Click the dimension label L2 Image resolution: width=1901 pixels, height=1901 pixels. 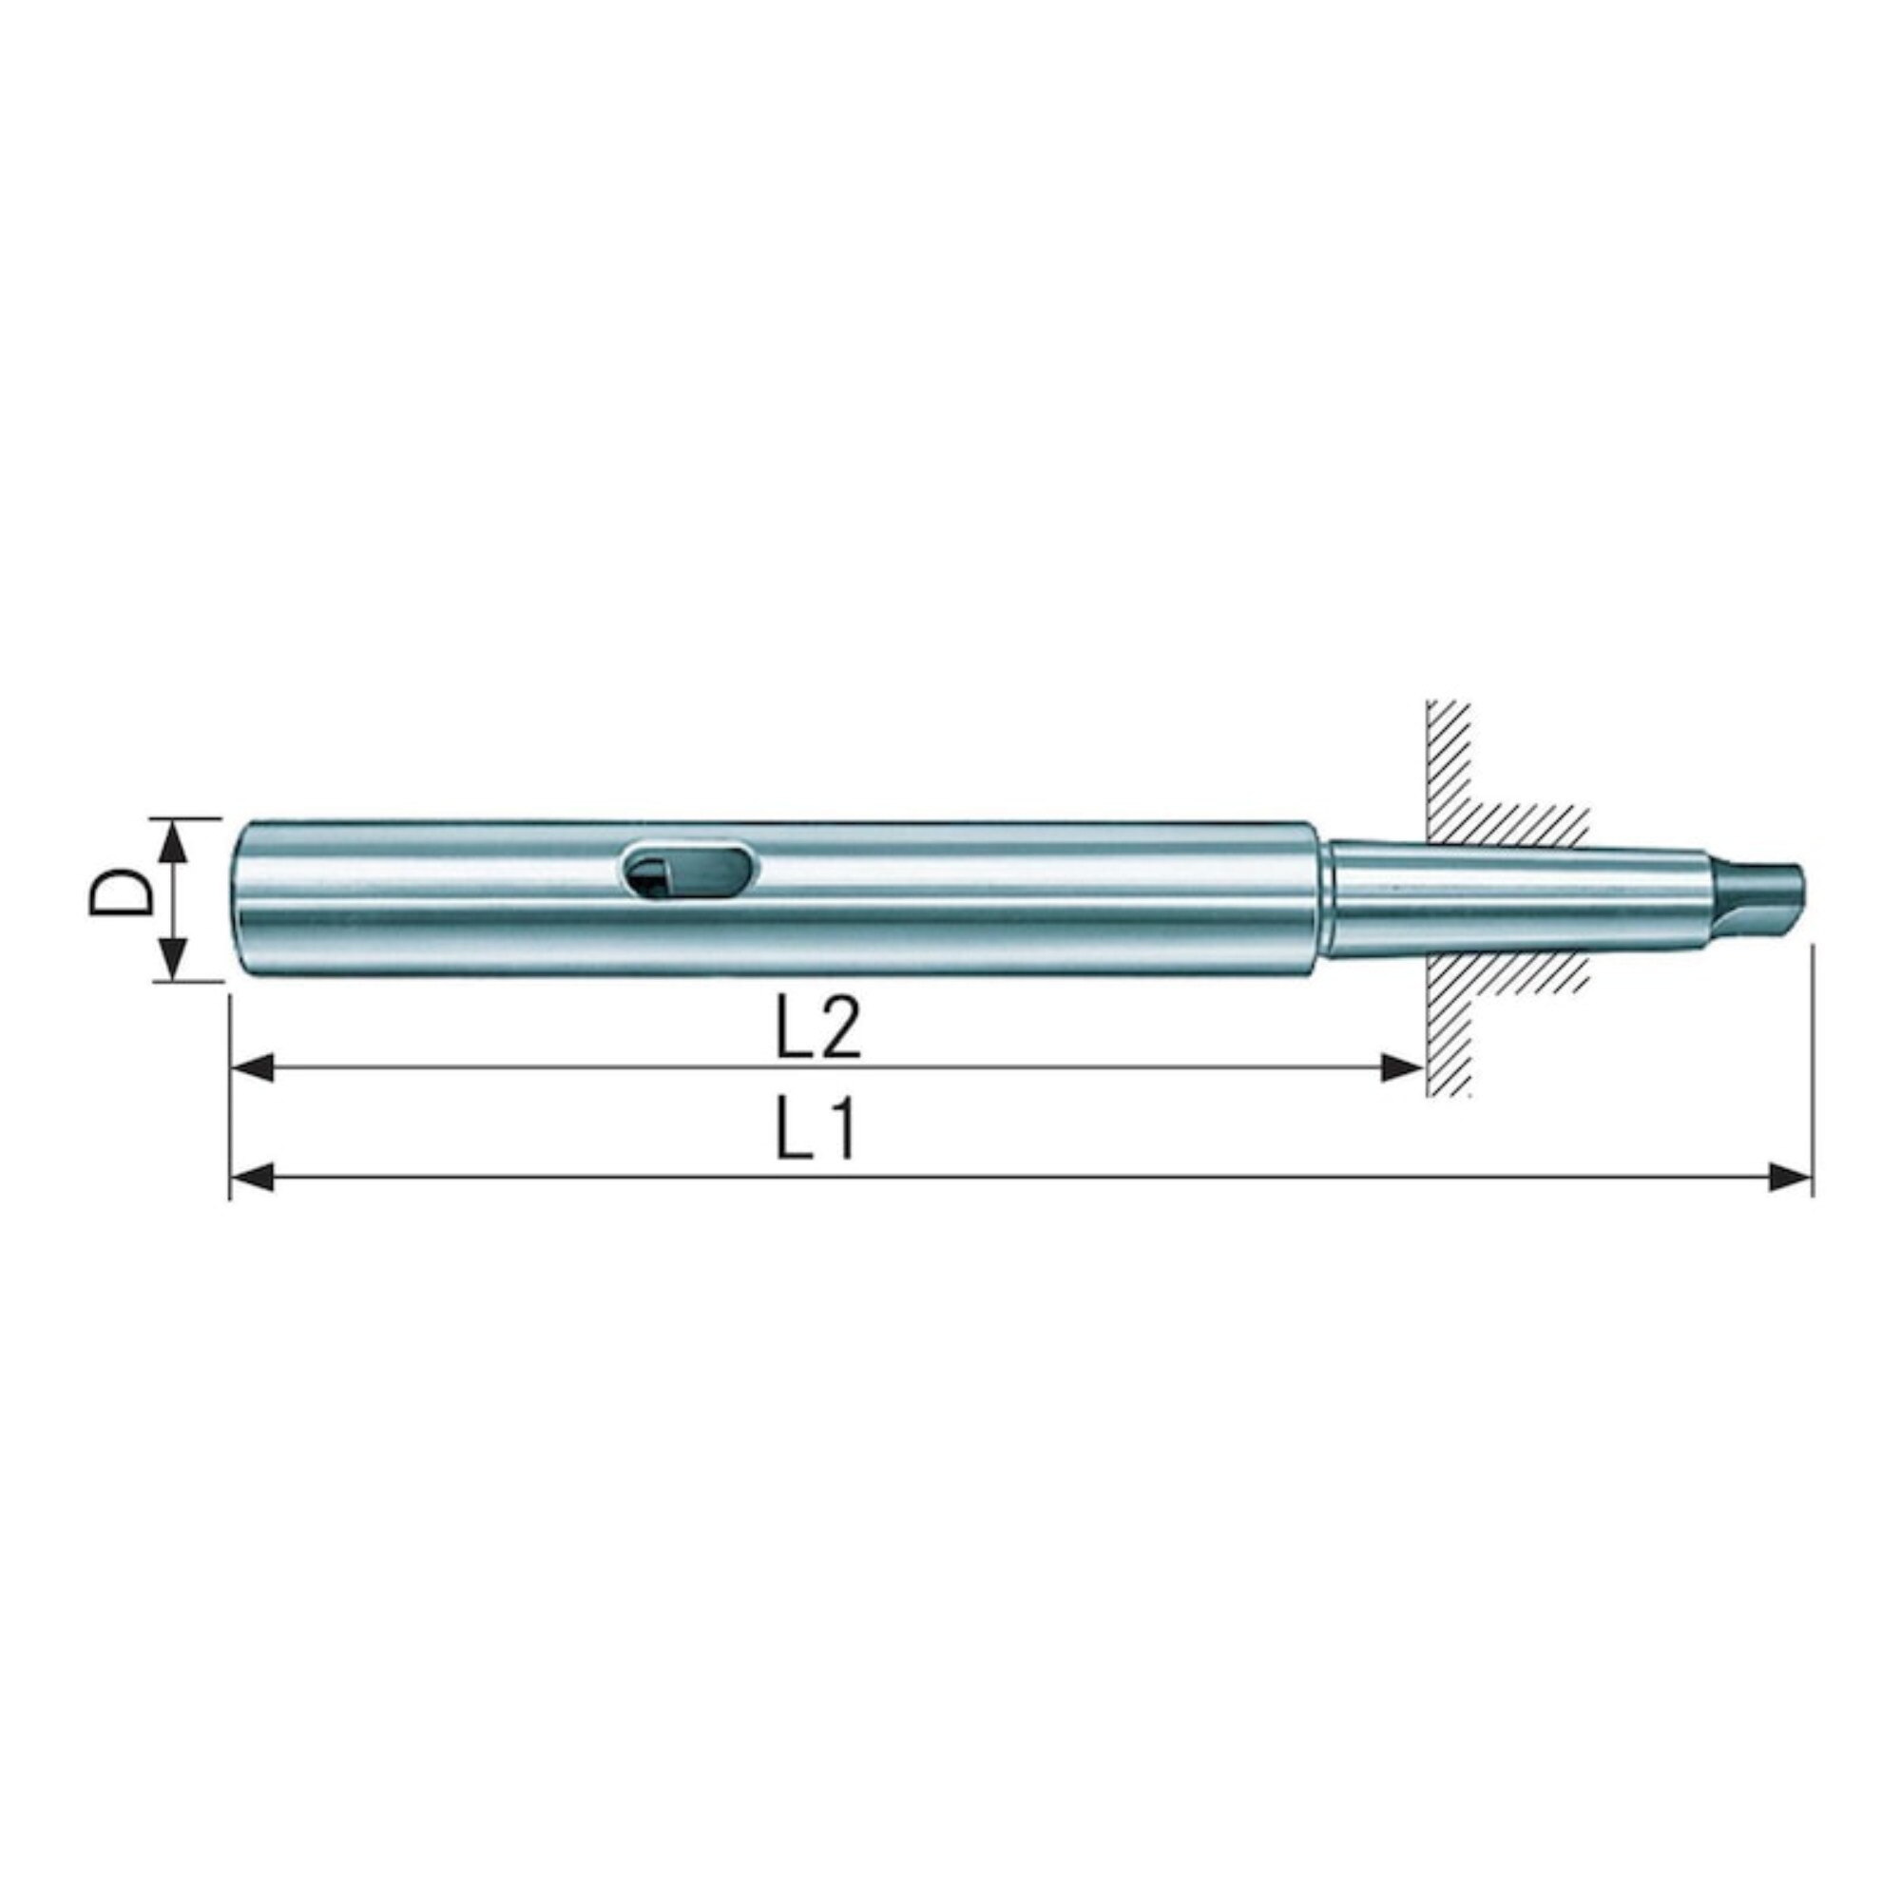pos(817,1027)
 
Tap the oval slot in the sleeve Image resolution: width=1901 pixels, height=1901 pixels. pos(690,869)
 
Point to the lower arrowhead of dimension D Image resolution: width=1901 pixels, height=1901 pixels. pos(172,957)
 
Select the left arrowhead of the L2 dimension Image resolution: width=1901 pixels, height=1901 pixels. pos(251,1066)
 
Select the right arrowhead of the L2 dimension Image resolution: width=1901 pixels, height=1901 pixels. pos(1401,1066)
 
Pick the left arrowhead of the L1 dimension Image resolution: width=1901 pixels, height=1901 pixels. pos(251,1178)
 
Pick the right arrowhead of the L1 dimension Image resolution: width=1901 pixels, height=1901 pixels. pos(1790,1178)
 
